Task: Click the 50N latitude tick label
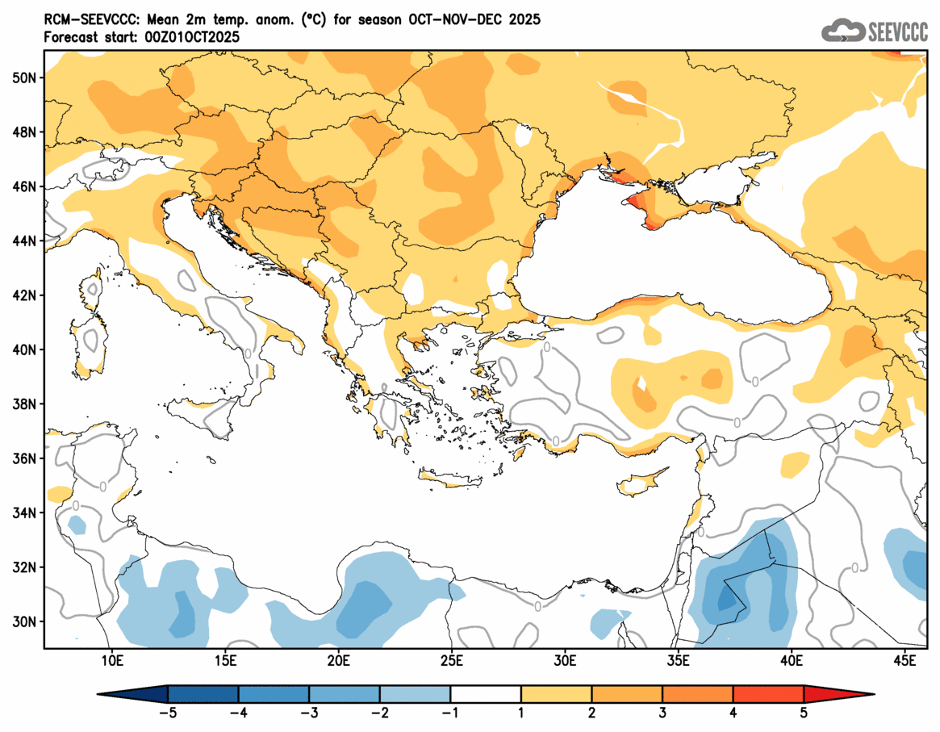point(24,77)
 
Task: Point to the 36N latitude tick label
point(24,458)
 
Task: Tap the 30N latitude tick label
point(24,621)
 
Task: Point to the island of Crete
point(456,481)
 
